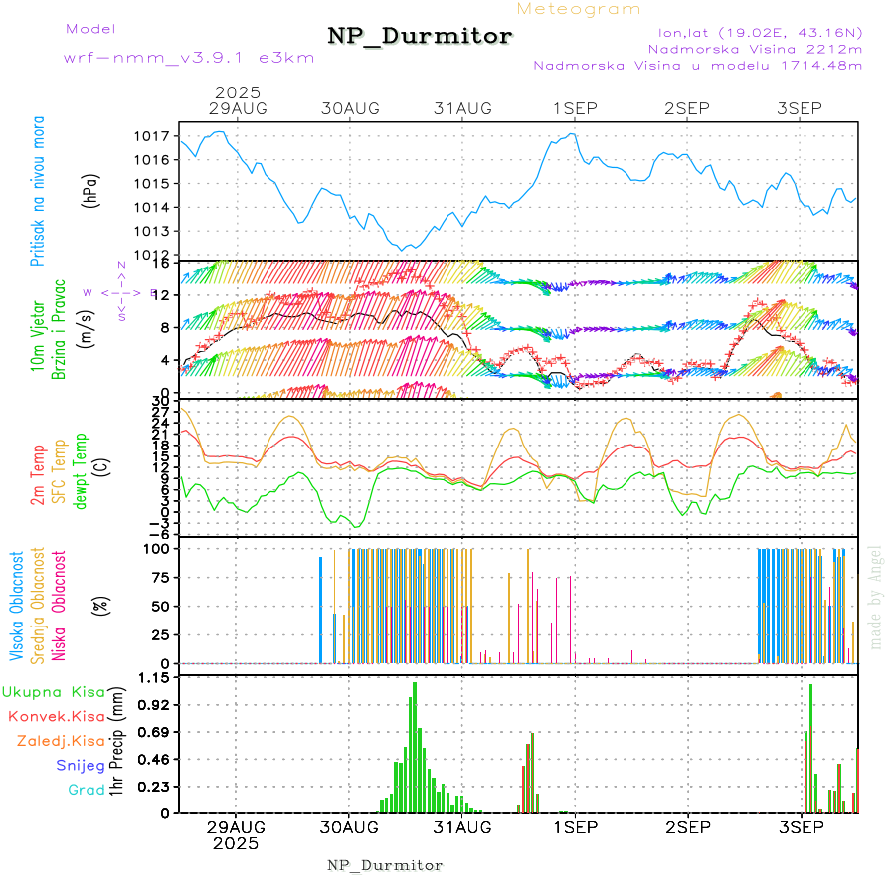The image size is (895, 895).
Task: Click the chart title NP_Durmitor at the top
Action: [420, 37]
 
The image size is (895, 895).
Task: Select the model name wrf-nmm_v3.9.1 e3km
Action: [189, 57]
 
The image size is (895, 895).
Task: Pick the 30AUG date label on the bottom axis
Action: [349, 827]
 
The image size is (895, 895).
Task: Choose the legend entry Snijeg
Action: [81, 765]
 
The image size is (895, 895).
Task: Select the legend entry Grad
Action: [87, 790]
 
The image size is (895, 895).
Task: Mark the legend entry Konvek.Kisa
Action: [56, 716]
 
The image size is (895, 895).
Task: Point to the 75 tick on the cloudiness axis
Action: [159, 577]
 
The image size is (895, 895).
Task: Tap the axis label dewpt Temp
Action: [81, 471]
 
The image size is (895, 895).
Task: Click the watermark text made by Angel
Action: [876, 597]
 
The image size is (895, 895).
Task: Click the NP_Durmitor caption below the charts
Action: [385, 865]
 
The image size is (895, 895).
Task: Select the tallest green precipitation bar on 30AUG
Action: [415, 746]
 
